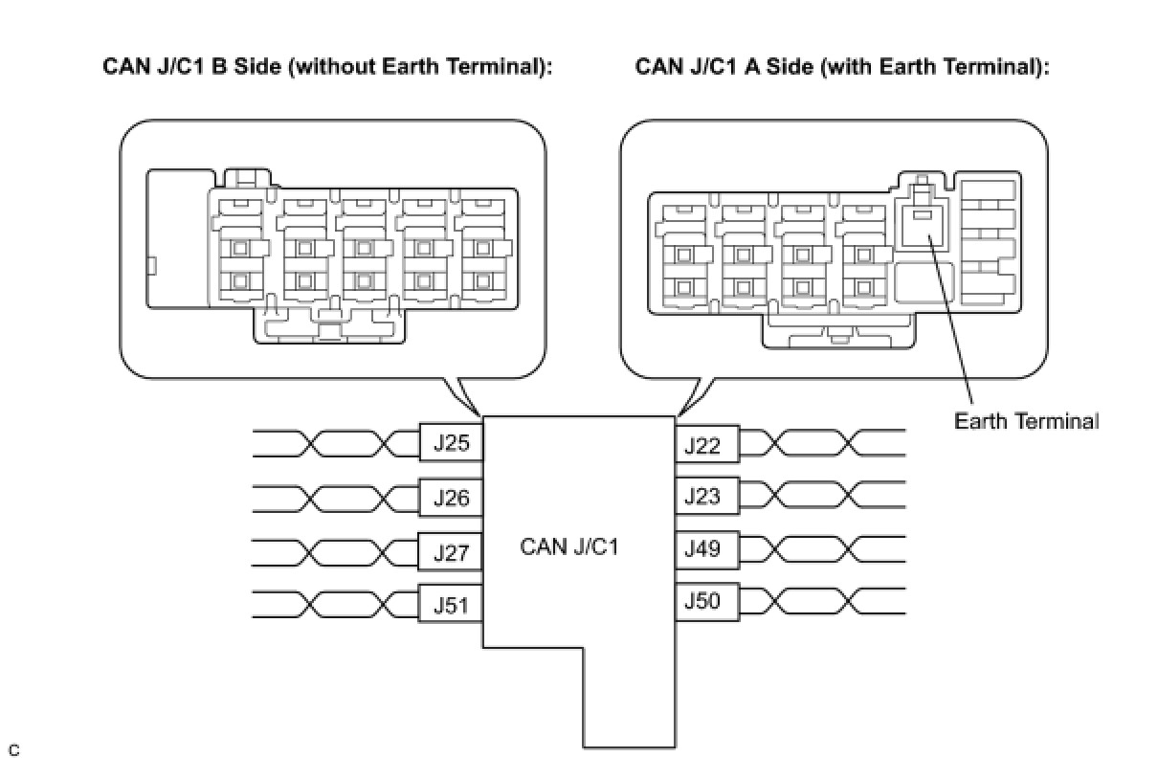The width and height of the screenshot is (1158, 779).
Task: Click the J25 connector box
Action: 451,443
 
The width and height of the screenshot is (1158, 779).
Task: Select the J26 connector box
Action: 451,498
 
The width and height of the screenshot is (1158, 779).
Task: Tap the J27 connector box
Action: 451,552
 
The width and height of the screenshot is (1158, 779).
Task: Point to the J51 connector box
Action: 451,606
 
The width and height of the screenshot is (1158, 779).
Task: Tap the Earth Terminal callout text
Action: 1026,421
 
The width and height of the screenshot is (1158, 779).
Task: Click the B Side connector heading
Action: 328,68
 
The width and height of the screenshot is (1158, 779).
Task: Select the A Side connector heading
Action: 842,68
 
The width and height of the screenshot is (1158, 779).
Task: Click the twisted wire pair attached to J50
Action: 823,601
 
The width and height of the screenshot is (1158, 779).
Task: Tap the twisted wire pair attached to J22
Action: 823,444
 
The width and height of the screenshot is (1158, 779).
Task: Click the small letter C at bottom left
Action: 13,749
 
